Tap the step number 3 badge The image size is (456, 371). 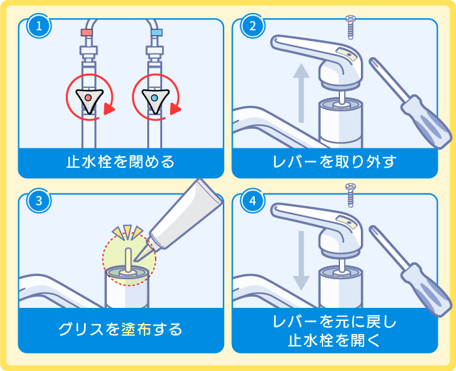39,201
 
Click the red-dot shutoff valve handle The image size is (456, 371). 88,98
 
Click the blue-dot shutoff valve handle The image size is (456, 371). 155,98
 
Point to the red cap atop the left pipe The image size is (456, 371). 87,32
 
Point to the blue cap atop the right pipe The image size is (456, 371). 156,32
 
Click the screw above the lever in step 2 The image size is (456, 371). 350,25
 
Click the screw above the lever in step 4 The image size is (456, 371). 350,194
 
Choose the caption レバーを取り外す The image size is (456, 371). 334,161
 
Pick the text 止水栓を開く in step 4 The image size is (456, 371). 334,340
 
